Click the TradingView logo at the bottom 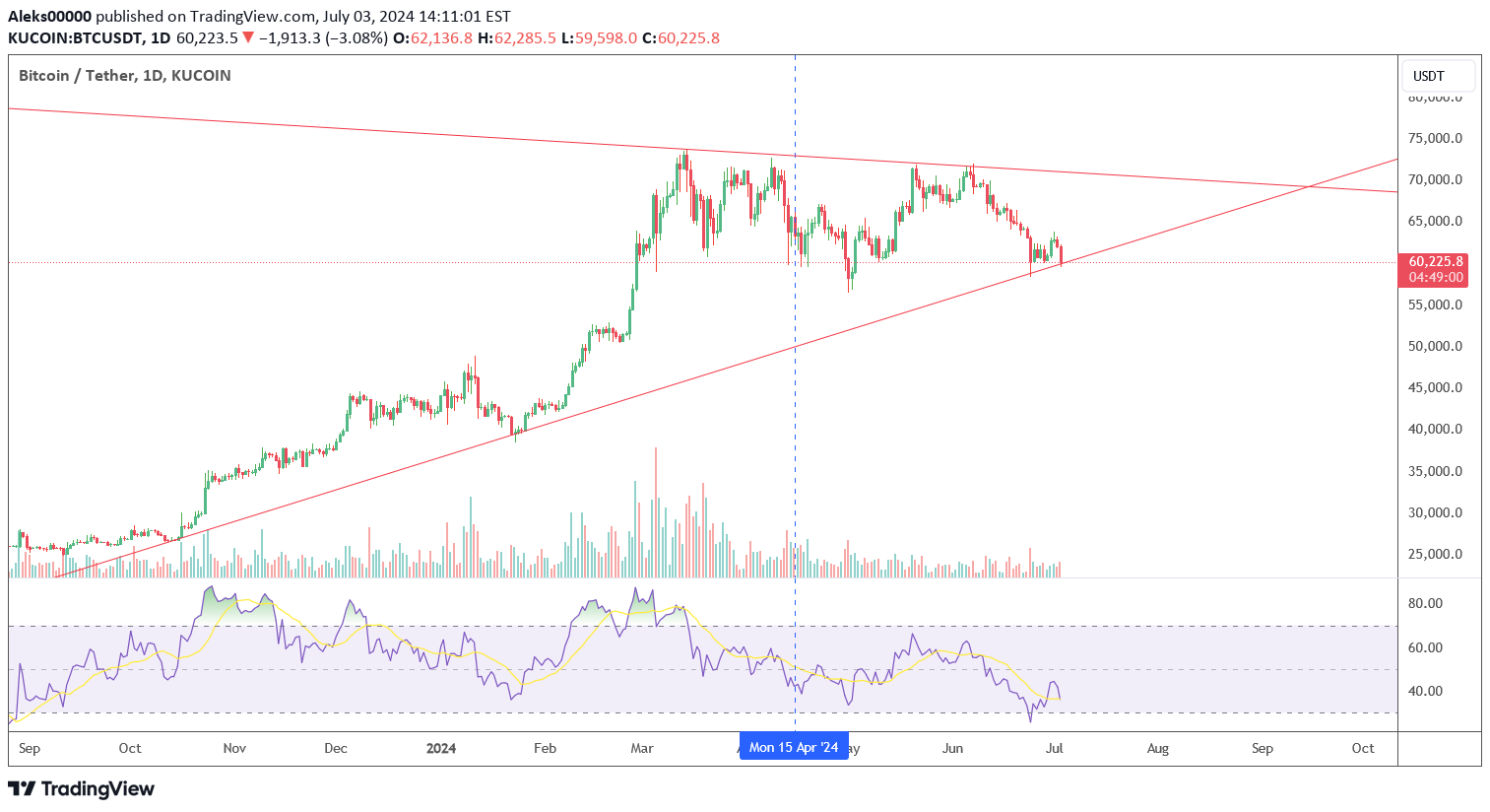81,788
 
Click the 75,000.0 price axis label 1435,138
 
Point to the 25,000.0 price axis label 1435,554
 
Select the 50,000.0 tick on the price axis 1435,346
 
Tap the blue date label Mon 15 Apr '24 794,747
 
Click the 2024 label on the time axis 440,748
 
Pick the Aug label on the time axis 1158,748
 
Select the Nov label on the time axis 234,748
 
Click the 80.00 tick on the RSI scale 1425,603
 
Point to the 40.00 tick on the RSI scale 1425,691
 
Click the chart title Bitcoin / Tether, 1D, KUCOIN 125,76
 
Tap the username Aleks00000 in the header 50,17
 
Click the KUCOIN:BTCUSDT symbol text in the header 73,38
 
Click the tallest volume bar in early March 655,512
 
